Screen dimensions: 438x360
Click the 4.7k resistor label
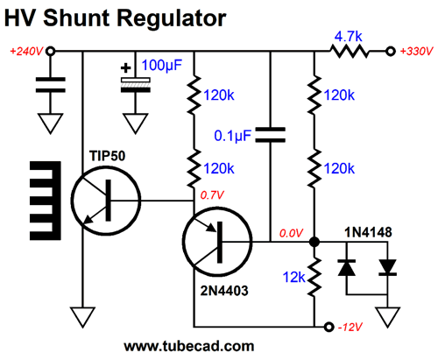(348, 37)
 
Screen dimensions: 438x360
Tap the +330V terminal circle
(390, 52)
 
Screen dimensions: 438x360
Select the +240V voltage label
(26, 52)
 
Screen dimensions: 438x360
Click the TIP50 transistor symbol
(106, 201)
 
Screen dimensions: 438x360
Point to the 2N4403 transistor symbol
(217, 242)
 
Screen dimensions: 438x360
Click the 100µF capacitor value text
(162, 66)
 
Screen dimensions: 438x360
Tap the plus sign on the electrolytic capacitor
(126, 68)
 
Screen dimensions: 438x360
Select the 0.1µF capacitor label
(232, 136)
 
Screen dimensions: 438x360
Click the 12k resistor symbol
(314, 277)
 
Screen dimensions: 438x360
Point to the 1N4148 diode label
(368, 232)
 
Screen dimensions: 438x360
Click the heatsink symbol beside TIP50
(46, 201)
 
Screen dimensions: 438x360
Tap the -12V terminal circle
(328, 327)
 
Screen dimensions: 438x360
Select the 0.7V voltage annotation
(212, 195)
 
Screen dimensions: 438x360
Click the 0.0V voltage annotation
(291, 233)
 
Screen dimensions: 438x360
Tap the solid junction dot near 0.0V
(314, 242)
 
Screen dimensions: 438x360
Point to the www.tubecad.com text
(189, 346)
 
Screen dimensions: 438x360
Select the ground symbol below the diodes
(387, 318)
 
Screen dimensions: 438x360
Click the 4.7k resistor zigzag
(349, 52)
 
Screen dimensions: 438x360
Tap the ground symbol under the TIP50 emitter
(82, 318)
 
